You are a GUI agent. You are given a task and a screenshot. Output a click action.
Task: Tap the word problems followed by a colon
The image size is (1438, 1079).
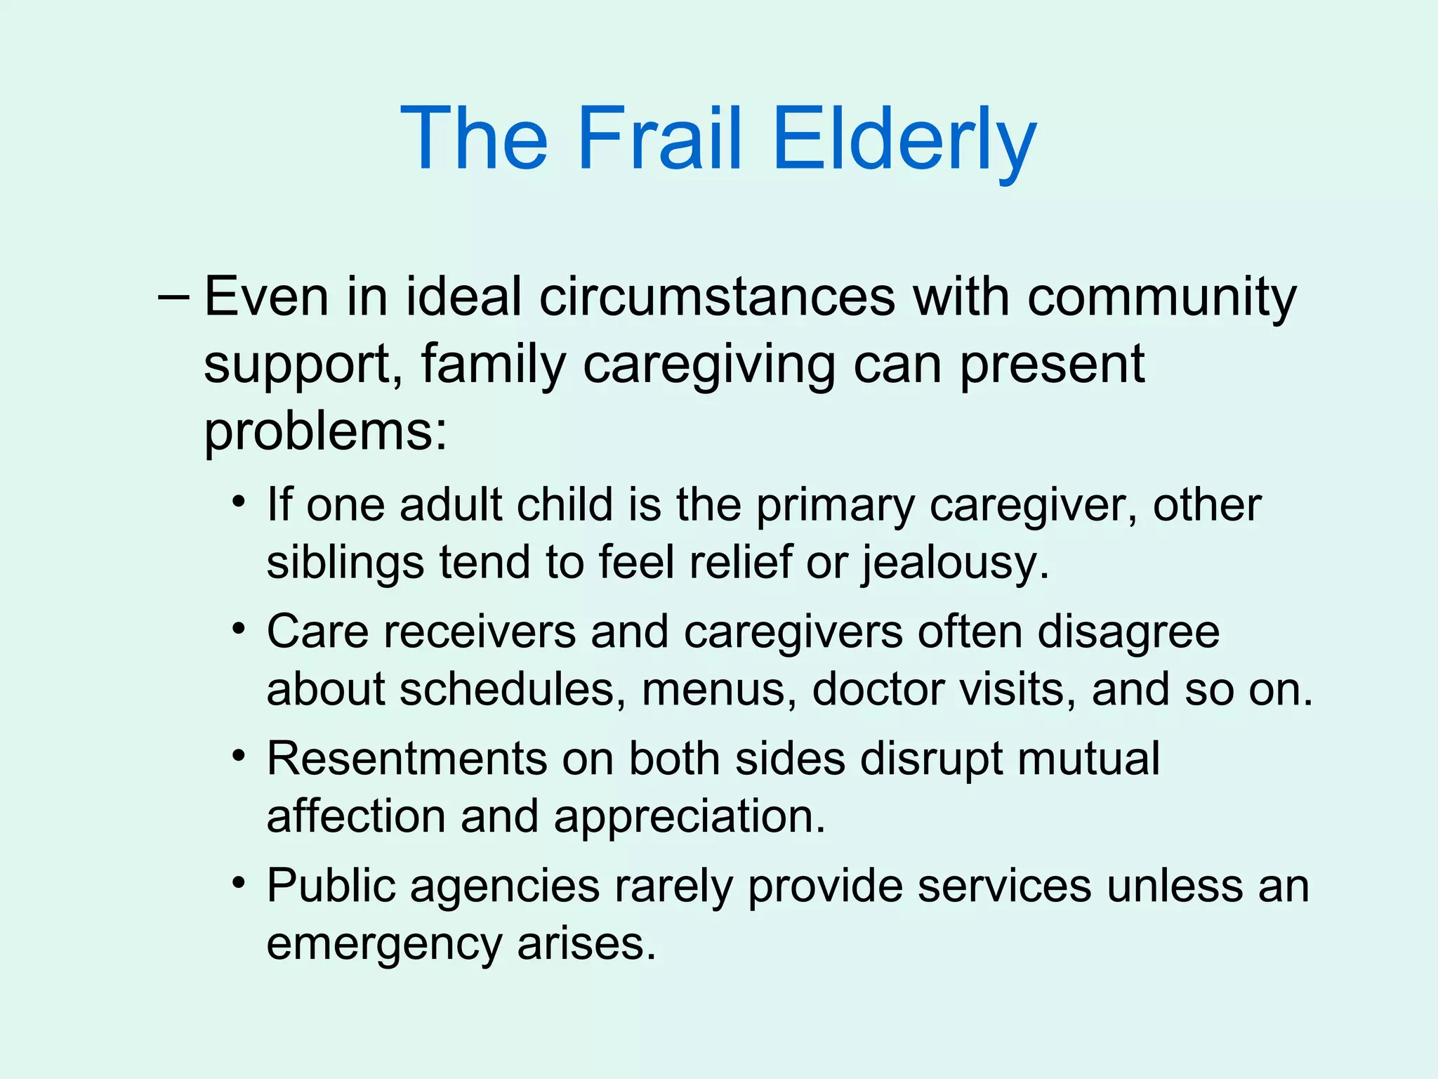pyautogui.click(x=325, y=431)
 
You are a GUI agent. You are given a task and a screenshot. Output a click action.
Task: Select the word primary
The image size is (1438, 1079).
pyautogui.click(x=835, y=506)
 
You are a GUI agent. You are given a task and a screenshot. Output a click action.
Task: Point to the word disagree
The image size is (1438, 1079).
pyautogui.click(x=1128, y=632)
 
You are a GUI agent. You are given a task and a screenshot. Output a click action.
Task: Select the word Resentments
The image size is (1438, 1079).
pyautogui.click(x=407, y=759)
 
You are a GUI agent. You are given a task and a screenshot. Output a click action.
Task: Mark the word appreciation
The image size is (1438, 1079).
pyautogui.click(x=689, y=816)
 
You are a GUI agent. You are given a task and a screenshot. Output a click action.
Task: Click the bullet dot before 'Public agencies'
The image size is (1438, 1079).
pyautogui.click(x=239, y=882)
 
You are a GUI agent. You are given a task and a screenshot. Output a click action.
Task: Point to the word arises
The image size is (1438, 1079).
pyautogui.click(x=586, y=944)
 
